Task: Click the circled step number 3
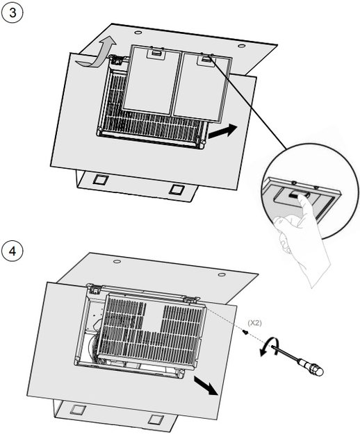(x=13, y=13)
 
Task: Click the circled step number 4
(x=13, y=251)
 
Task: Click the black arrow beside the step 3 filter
(x=222, y=131)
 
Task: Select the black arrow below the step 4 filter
(x=206, y=385)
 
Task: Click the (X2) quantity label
(x=254, y=323)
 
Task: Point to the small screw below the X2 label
(x=245, y=332)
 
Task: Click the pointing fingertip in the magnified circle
(x=304, y=199)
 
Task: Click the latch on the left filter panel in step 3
(x=156, y=53)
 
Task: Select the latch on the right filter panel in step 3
(x=206, y=60)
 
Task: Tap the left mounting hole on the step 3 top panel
(x=138, y=33)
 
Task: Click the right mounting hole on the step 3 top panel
(x=241, y=46)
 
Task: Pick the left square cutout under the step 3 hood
(x=100, y=179)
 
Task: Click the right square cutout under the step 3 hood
(x=176, y=190)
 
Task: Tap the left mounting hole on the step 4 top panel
(x=117, y=261)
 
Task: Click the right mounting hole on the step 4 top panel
(x=221, y=274)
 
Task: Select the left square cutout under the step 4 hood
(x=78, y=409)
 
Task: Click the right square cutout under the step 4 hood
(x=156, y=419)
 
